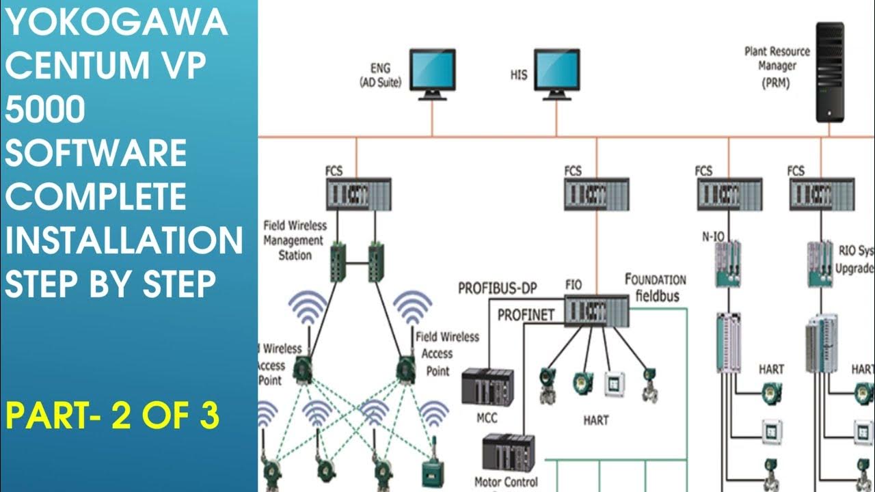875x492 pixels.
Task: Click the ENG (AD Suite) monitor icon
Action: [x=432, y=72]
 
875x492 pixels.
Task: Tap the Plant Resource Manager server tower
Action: [x=829, y=72]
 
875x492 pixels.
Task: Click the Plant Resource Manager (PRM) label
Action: [x=777, y=66]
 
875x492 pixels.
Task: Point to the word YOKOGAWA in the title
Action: [x=116, y=24]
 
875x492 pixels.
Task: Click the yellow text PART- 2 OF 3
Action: [x=113, y=415]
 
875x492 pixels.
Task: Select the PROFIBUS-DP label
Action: [x=497, y=288]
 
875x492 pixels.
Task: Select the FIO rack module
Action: [x=596, y=310]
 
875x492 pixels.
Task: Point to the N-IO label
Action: [x=713, y=237]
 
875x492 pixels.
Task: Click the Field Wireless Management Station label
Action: [x=295, y=240]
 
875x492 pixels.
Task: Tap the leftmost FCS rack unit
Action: [x=358, y=194]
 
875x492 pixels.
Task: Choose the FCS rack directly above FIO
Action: [x=596, y=194]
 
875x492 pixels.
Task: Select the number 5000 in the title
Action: [x=45, y=110]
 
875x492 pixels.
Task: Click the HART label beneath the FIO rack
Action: [x=595, y=420]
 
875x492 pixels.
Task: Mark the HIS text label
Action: [x=519, y=74]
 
